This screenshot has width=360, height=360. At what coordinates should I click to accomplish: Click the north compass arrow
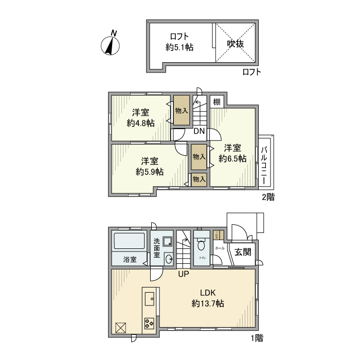click(111, 44)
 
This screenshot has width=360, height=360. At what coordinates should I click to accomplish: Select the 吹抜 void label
click(236, 43)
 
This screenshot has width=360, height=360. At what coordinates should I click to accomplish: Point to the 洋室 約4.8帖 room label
click(140, 118)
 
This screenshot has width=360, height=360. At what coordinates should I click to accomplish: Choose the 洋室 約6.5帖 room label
click(232, 153)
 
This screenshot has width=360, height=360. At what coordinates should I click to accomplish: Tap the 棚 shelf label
click(217, 102)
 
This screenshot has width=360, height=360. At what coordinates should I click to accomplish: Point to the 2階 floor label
click(268, 197)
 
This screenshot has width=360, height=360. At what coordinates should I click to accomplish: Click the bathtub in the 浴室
click(129, 241)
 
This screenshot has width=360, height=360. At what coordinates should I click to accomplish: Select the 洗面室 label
click(157, 247)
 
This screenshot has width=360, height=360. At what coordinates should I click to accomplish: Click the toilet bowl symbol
click(201, 245)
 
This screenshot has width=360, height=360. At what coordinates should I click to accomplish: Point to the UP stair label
click(183, 274)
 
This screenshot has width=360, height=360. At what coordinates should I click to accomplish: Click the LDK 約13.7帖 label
click(208, 298)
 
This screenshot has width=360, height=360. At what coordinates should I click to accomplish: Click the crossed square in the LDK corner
click(121, 328)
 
